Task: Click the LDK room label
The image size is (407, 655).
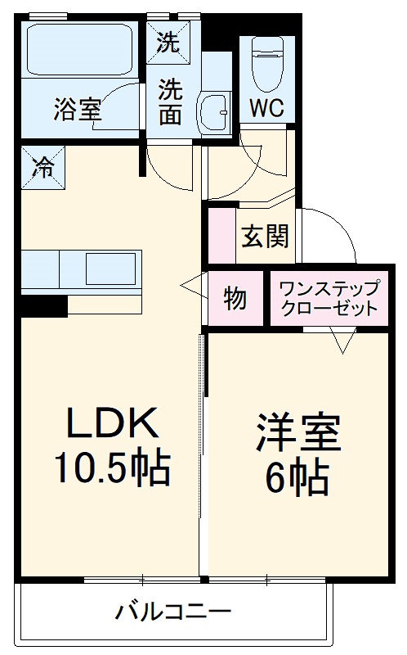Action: pyautogui.click(x=111, y=424)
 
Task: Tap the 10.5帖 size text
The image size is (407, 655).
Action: pyautogui.click(x=111, y=468)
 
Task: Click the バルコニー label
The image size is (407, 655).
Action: pyautogui.click(x=172, y=611)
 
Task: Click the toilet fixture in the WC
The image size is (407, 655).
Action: pyautogui.click(x=267, y=65)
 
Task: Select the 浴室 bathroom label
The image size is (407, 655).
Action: pyautogui.click(x=78, y=109)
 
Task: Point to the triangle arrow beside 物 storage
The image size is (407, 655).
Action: pyautogui.click(x=195, y=287)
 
